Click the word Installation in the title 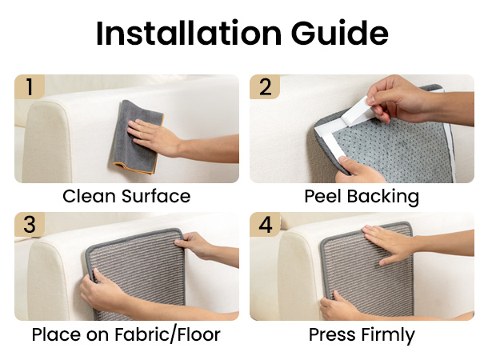(x=189, y=33)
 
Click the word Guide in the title (x=340, y=33)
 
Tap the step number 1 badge (x=30, y=87)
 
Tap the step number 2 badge (x=265, y=87)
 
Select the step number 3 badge (x=30, y=224)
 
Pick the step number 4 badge (x=265, y=224)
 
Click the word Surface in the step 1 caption (x=156, y=196)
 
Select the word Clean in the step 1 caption (x=90, y=196)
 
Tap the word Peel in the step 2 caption (x=322, y=196)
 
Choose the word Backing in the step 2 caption (x=383, y=198)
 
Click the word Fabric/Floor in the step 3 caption (x=167, y=334)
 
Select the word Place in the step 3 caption (x=57, y=334)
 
